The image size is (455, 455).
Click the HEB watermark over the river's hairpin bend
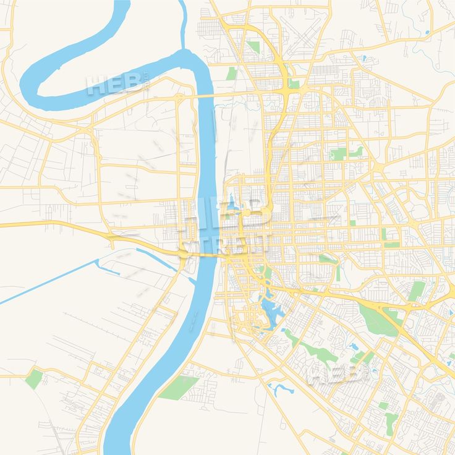pos(117,85)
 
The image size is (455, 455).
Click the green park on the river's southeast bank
pos(179,388)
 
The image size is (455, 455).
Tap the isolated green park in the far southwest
pos(34,378)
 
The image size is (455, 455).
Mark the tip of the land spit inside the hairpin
pos(40,95)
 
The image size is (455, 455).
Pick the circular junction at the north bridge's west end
pos(179,98)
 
